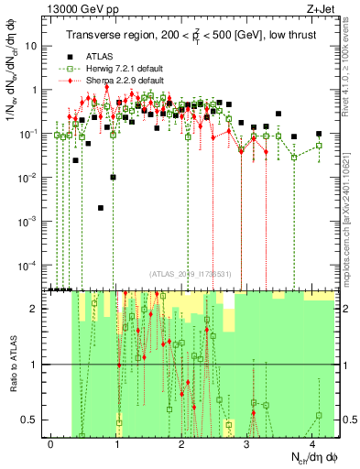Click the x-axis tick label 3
coord(247,443)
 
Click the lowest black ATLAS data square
coord(100,208)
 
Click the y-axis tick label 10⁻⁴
coord(30,266)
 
